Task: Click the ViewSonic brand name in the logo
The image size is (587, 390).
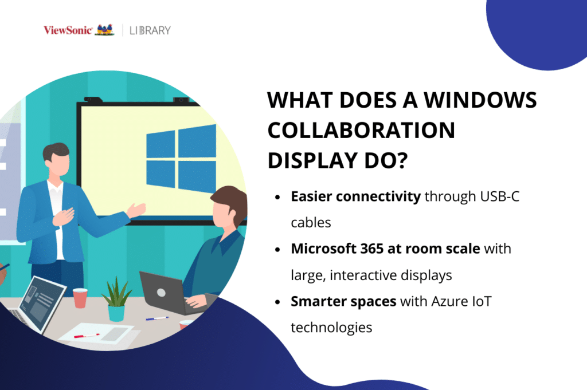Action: point(67,30)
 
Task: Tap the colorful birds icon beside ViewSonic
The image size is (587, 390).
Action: point(104,30)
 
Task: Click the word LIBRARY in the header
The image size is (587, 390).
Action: point(150,30)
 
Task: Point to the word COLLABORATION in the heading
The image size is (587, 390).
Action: point(362,131)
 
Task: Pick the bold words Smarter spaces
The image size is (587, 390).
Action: point(343,301)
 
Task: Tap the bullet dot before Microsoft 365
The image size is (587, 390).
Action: point(278,250)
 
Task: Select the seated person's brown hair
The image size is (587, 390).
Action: point(229,198)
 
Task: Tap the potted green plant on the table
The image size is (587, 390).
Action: point(117,298)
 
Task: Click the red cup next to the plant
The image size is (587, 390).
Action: point(80,298)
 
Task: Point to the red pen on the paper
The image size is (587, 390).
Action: point(87,336)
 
